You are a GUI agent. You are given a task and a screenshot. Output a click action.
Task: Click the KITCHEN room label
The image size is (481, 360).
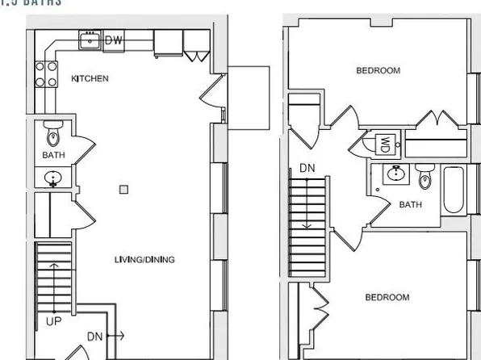(90, 79)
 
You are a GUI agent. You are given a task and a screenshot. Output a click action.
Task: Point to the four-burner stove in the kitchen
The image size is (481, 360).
(46, 74)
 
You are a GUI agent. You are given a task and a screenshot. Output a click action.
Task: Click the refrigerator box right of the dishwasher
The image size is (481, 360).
(167, 44)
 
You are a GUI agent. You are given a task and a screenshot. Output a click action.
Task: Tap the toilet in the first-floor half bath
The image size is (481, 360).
(53, 131)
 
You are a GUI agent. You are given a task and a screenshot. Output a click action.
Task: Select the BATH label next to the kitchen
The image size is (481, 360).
(53, 155)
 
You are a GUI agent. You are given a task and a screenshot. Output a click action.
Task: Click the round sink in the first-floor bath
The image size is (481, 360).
(53, 178)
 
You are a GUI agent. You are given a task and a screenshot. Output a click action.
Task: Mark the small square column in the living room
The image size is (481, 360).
(123, 190)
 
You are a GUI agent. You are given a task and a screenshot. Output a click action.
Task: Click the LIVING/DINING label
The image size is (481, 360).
(145, 260)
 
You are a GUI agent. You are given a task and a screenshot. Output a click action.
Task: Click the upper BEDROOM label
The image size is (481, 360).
(378, 71)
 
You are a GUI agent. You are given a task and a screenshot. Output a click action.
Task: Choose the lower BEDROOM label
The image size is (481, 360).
(387, 298)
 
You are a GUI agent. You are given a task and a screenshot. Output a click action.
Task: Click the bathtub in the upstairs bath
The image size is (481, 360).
(454, 190)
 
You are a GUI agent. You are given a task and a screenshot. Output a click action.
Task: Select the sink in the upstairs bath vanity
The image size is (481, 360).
(396, 173)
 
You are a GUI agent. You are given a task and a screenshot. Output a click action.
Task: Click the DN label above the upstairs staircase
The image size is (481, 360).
(307, 169)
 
